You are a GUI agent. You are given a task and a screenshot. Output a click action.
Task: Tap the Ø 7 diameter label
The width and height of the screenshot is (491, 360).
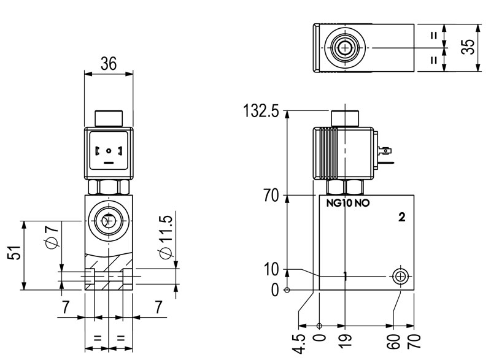click(x=53, y=237)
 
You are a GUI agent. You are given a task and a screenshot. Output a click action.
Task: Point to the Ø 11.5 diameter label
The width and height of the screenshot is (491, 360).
click(x=164, y=236)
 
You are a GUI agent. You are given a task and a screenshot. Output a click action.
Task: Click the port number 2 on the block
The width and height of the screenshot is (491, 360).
click(x=402, y=217)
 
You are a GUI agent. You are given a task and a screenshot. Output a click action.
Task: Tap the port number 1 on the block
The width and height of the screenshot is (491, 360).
click(x=345, y=277)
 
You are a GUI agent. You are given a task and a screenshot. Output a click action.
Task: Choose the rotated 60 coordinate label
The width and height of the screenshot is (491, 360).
click(x=393, y=340)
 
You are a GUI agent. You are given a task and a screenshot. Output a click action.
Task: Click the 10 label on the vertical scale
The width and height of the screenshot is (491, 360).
click(x=271, y=269)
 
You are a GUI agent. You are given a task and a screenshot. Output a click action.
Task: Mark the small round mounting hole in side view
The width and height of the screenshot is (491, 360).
click(x=400, y=276)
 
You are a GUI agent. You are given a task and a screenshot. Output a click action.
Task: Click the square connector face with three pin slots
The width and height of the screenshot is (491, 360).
click(x=109, y=150)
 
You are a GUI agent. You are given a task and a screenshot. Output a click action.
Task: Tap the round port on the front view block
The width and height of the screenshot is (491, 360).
click(x=108, y=221)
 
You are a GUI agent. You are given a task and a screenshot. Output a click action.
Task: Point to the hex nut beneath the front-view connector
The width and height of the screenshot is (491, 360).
click(x=108, y=186)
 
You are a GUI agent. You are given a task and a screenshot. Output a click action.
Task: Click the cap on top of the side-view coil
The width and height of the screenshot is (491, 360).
click(x=345, y=118)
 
